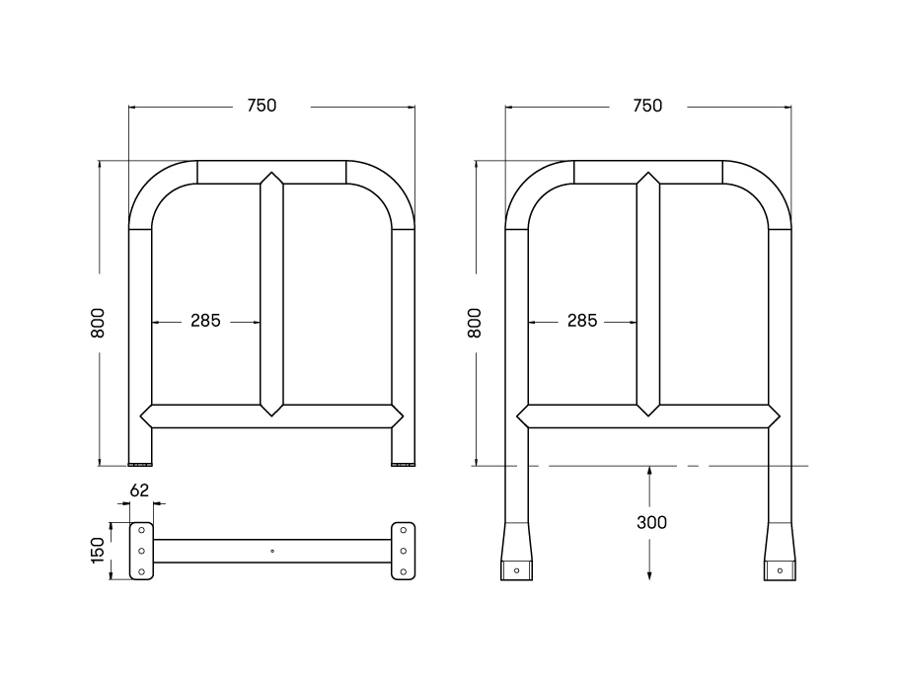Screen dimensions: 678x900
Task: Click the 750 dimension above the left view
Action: pos(262,106)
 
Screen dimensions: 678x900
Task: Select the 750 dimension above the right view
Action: pos(646,106)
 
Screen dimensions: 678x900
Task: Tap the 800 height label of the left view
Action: pos(98,323)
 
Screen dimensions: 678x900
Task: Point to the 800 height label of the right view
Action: pos(475,323)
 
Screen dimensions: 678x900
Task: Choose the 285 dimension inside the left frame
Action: pos(205,321)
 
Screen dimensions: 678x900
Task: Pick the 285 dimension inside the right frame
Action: pos(582,321)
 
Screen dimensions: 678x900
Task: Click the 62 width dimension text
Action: pos(139,489)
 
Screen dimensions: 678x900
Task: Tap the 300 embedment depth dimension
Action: pos(650,522)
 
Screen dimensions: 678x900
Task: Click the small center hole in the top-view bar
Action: pos(272,551)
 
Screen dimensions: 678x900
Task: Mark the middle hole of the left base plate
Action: pos(141,551)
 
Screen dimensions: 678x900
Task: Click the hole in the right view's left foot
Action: pos(516,570)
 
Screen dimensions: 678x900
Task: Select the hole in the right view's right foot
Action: pos(780,570)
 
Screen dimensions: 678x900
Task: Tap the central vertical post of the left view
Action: pos(271,296)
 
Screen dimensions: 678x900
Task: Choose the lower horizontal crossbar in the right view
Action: pos(648,416)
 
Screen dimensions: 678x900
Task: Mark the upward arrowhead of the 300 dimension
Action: pos(649,473)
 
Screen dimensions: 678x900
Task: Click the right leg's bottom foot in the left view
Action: pos(403,462)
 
